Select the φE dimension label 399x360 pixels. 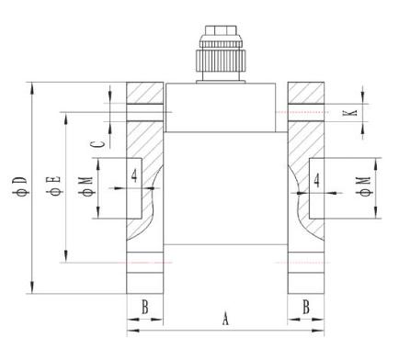pos(54,186)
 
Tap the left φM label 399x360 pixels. pos(86,186)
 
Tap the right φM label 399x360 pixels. pos(364,186)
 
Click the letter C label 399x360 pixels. pos(98,144)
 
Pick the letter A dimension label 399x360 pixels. pos(225,319)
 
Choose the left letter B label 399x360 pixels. pos(145,308)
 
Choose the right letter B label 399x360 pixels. pos(306,308)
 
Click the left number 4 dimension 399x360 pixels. pos(134,176)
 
